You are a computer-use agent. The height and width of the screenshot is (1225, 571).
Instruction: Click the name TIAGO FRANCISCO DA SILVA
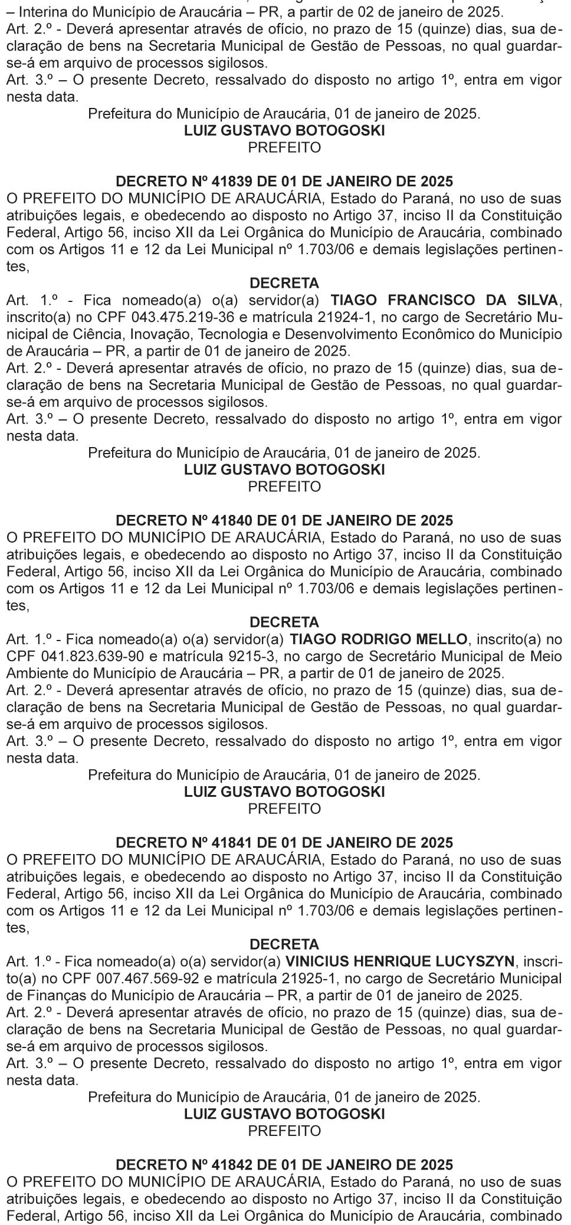tap(445, 300)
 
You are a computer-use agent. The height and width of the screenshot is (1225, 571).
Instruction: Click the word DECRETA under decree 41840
tap(284, 622)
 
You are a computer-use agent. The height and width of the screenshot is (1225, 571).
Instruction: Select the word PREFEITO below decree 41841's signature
tap(284, 1131)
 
